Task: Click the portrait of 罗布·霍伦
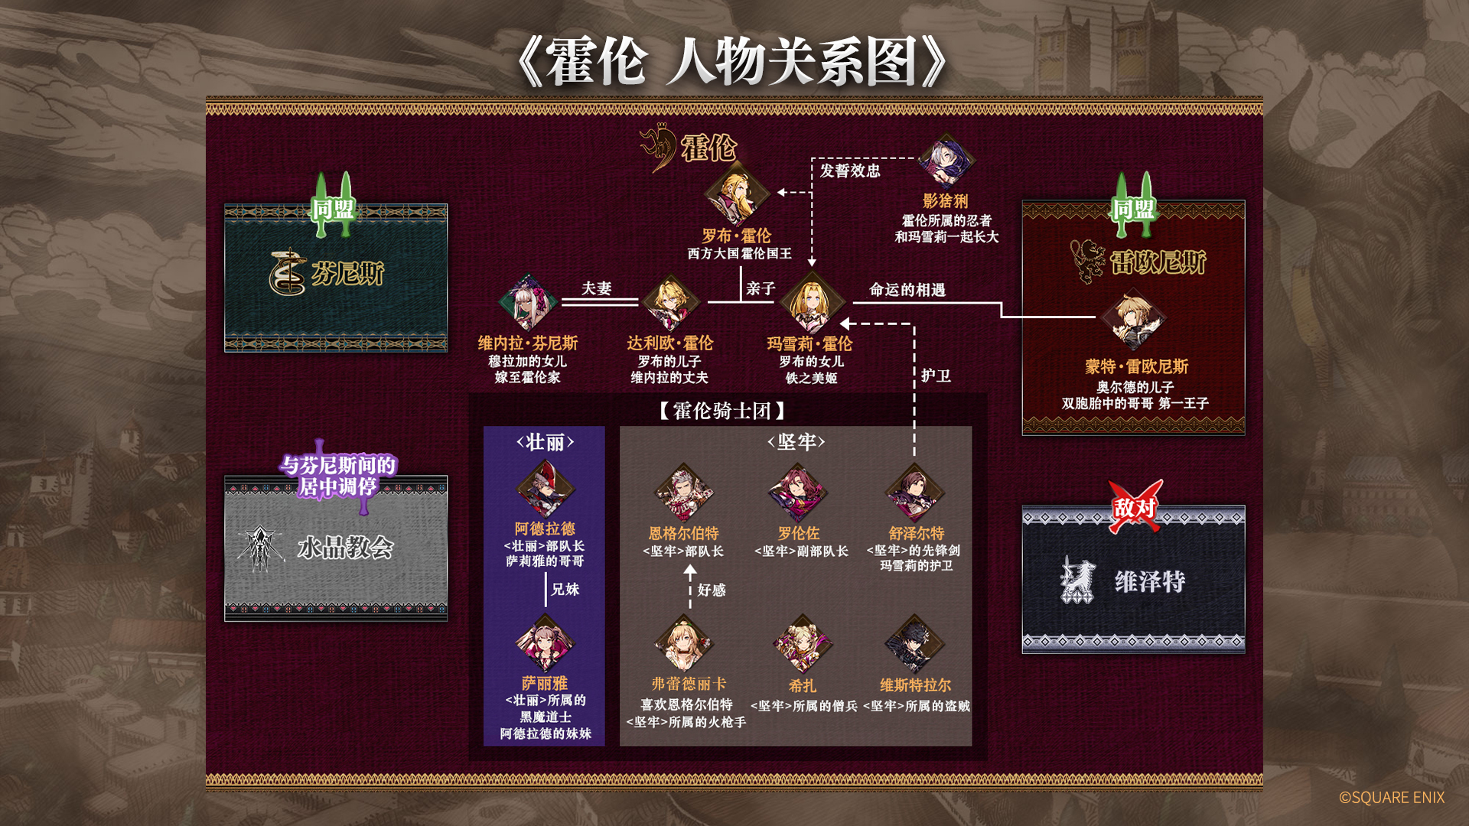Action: tap(736, 193)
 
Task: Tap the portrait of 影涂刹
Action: tap(946, 161)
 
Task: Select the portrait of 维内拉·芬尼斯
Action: tap(528, 303)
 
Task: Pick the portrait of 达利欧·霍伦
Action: tap(670, 303)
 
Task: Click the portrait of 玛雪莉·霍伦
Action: tap(811, 303)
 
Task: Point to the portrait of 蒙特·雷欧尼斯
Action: tap(1134, 320)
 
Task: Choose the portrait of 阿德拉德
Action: tap(546, 489)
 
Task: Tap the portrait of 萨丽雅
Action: tap(545, 643)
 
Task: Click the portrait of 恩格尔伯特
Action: tap(684, 493)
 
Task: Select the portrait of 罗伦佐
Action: tap(798, 493)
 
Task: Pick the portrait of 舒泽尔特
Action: tap(915, 493)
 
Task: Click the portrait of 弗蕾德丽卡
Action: tap(684, 644)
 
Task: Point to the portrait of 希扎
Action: tap(802, 644)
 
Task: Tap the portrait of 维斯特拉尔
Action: tap(914, 644)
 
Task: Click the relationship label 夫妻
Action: tap(597, 288)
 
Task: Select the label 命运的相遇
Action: tap(907, 290)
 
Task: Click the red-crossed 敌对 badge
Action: tap(1135, 506)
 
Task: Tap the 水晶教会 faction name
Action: tap(346, 548)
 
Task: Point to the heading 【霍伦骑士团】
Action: tap(722, 411)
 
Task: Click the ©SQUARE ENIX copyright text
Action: tap(1392, 798)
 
